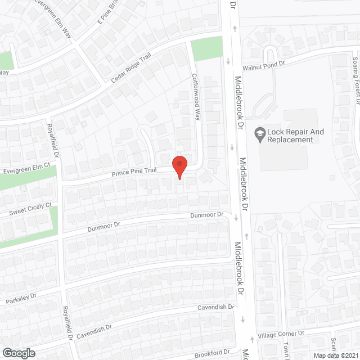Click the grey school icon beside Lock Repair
click(x=260, y=133)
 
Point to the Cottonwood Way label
click(x=196, y=98)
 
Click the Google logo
click(x=19, y=353)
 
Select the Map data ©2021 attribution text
click(x=335, y=355)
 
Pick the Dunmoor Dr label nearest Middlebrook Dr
click(x=206, y=215)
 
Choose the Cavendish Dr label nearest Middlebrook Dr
click(x=215, y=307)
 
